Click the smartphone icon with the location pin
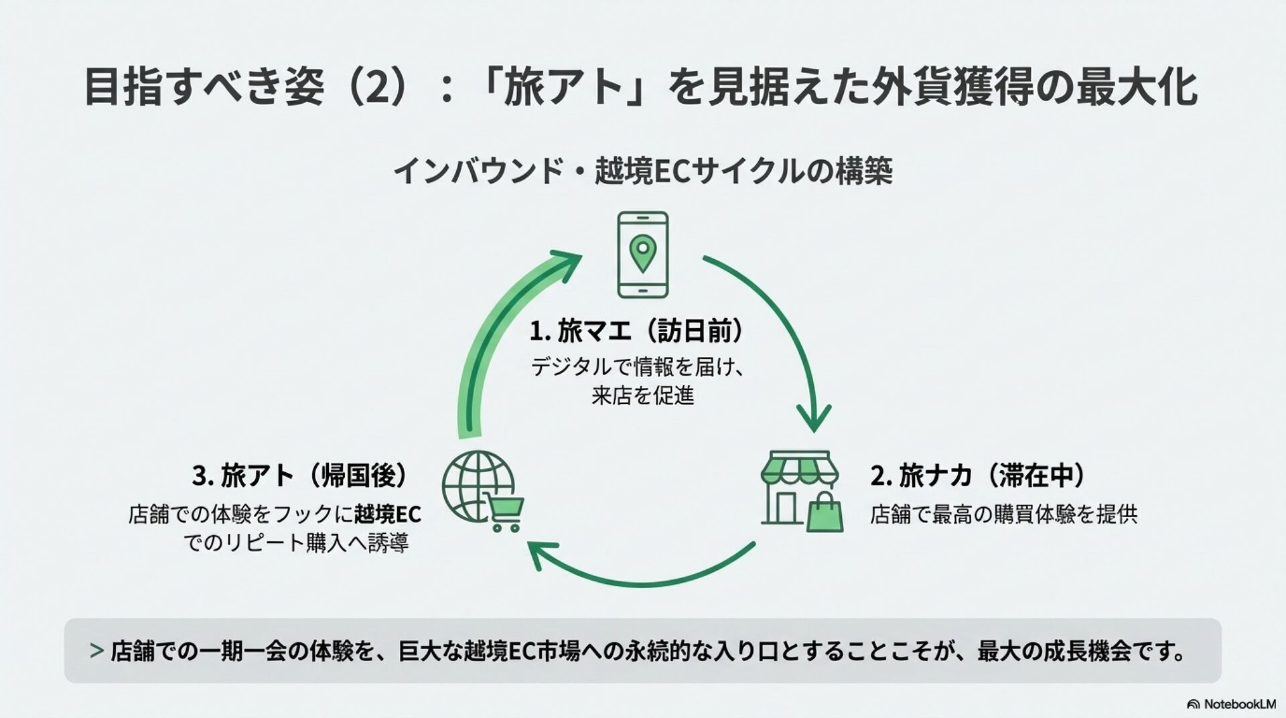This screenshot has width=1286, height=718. [x=642, y=255]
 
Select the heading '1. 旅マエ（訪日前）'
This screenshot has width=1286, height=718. [x=637, y=331]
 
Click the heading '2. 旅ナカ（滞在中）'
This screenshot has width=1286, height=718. [x=978, y=476]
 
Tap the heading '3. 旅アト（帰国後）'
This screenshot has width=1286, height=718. [x=301, y=476]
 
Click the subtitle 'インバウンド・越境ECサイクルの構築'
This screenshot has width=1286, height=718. [x=642, y=172]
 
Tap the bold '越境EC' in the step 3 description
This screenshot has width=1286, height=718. [x=388, y=514]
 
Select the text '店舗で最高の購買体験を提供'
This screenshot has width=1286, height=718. [x=1003, y=514]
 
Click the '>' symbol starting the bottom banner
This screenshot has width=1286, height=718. [x=96, y=650]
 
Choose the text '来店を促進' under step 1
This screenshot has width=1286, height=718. [x=642, y=396]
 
